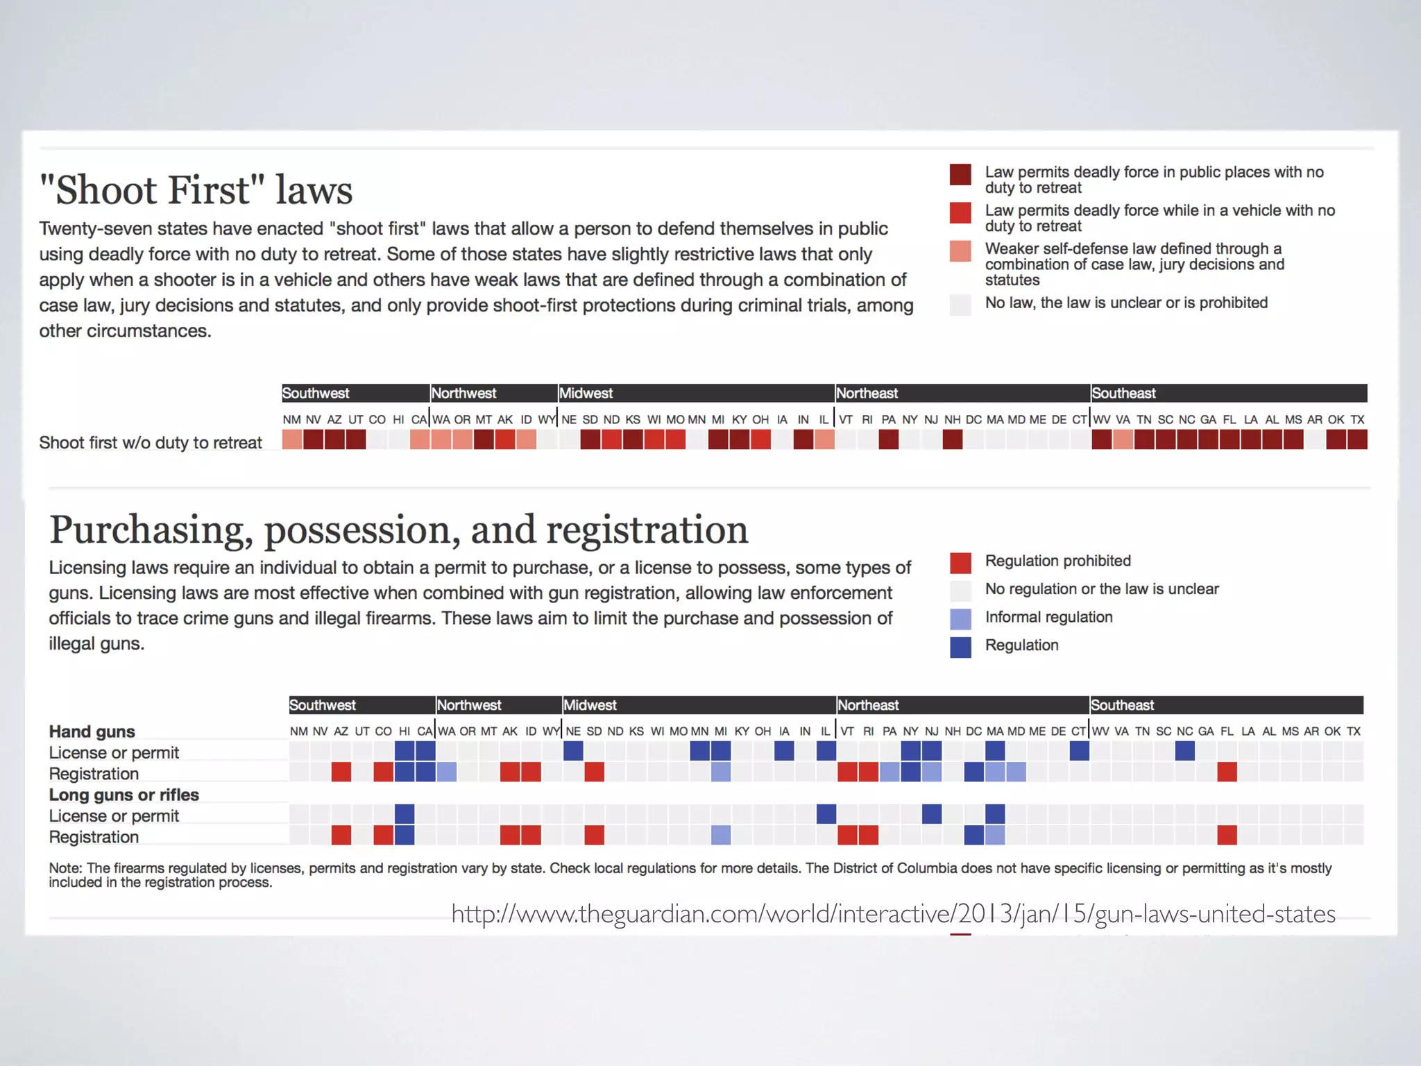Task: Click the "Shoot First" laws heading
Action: coord(196,190)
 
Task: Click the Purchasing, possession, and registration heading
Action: coord(398,530)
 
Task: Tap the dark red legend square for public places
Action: coord(960,175)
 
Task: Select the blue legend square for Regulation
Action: coord(960,647)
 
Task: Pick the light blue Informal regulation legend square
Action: coord(960,618)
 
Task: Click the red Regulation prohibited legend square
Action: coord(960,562)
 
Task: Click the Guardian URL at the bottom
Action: coord(893,914)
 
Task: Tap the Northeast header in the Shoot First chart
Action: coord(867,394)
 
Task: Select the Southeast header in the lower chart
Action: coord(1122,705)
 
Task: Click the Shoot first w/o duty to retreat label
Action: coord(151,443)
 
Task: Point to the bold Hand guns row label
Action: coord(92,731)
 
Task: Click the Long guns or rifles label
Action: coord(124,795)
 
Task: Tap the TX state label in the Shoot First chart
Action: coord(1357,420)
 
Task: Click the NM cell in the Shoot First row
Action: coord(292,439)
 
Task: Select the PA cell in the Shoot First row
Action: coord(889,439)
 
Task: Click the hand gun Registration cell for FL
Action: coord(1227,772)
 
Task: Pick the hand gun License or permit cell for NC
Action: coord(1185,750)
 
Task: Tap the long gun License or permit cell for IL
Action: coord(826,813)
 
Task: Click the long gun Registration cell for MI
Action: coord(721,835)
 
